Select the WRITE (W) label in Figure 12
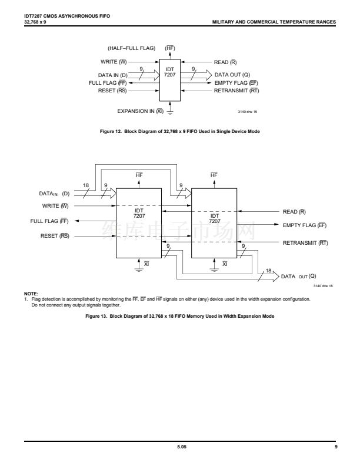115,61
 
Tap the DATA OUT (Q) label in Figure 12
233,75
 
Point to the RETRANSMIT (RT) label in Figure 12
236,91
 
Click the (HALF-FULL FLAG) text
132,48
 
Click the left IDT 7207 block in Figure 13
139,222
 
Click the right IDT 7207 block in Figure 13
215,222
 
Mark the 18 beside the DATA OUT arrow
269,270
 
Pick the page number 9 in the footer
335,448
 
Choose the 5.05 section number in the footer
179,448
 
